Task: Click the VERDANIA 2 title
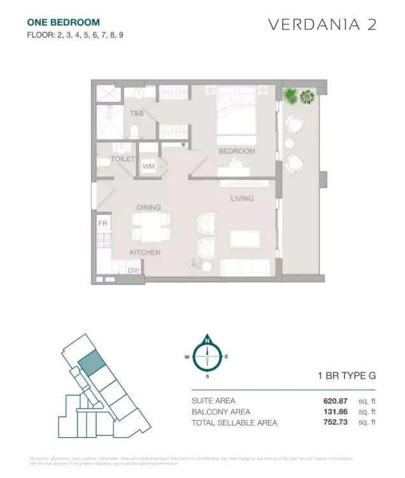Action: pyautogui.click(x=322, y=25)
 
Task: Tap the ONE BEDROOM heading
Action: pyautogui.click(x=63, y=22)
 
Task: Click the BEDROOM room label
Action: pyautogui.click(x=237, y=151)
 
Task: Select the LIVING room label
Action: pyautogui.click(x=242, y=198)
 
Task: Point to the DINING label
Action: pyautogui.click(x=148, y=207)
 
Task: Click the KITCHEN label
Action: pyautogui.click(x=145, y=252)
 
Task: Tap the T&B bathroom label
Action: pyautogui.click(x=137, y=113)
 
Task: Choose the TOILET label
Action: pyautogui.click(x=123, y=159)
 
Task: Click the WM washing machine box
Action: pyautogui.click(x=148, y=166)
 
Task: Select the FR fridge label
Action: pyautogui.click(x=102, y=224)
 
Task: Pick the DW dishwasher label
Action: pyautogui.click(x=134, y=271)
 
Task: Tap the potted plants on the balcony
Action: pyautogui.click(x=299, y=97)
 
